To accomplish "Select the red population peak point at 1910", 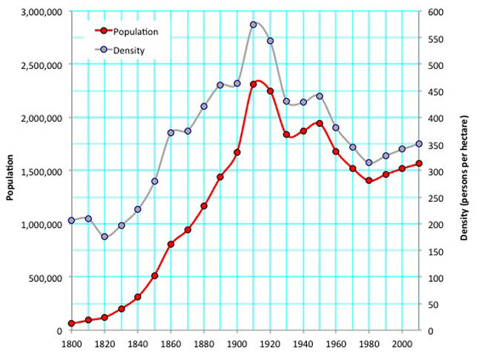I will (254, 84).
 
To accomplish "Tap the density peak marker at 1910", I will (254, 24).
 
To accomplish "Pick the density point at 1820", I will (105, 237).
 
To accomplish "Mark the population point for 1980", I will (369, 180).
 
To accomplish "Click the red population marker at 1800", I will (71, 324).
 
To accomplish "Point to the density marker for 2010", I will (418, 144).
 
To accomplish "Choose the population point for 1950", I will (320, 123).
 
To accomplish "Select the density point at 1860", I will (171, 132).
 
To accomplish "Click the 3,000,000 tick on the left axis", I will (42, 12).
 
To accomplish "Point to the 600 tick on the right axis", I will (432, 12).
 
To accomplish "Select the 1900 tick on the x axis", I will (237, 345).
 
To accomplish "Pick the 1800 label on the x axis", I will (71, 345).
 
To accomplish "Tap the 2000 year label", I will (402, 345).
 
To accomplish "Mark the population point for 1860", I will (171, 243).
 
